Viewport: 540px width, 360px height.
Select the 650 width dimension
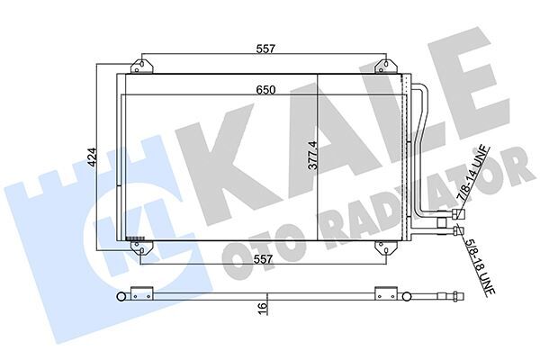tap(264, 89)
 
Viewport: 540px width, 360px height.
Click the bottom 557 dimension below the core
tap(264, 261)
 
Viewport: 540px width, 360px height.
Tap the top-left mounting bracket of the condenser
tap(142, 66)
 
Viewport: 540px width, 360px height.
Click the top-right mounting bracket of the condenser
tap(385, 66)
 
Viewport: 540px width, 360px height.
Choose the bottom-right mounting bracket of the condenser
tap(385, 247)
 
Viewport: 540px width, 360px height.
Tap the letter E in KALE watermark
tap(472, 90)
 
